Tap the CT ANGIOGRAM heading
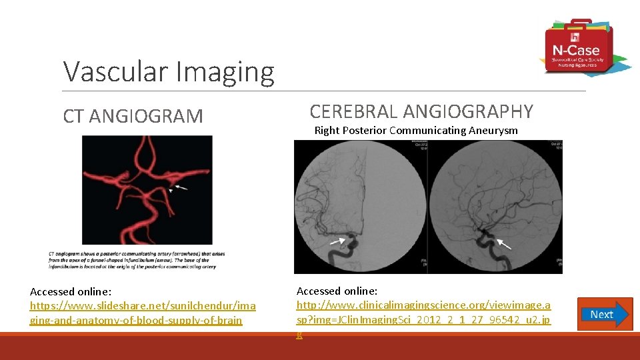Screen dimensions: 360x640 [133, 116]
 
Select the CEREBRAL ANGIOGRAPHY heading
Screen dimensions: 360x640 [421, 111]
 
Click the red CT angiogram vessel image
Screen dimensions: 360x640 [147, 190]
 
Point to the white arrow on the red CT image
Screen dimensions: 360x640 [181, 189]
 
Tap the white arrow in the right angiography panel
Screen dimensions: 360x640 [504, 244]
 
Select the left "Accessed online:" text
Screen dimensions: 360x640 [71, 292]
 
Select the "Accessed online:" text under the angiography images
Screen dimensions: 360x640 [337, 291]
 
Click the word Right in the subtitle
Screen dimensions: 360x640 [327, 131]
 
